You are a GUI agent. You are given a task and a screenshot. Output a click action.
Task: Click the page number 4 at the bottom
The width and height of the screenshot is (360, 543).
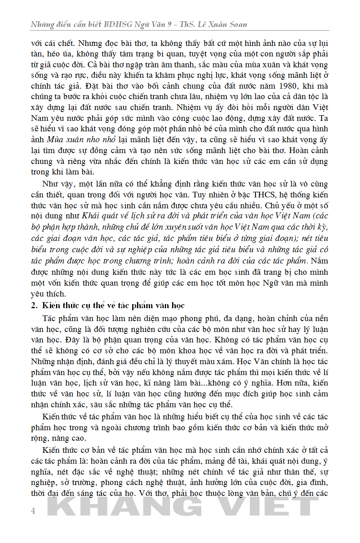(x=33, y=511)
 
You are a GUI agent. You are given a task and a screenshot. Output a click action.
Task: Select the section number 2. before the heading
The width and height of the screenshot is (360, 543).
(x=34, y=305)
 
